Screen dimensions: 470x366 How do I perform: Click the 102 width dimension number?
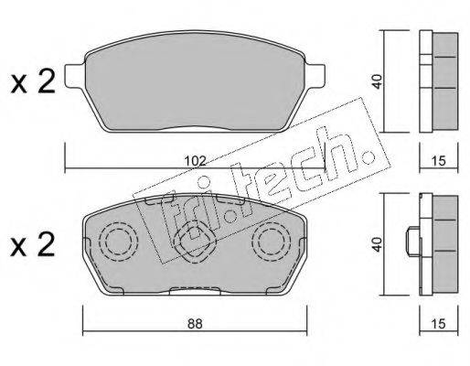tap(196, 161)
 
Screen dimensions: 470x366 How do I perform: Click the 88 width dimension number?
tap(195, 324)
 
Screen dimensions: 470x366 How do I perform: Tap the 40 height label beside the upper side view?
tap(378, 81)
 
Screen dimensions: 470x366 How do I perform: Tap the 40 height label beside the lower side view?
tap(378, 244)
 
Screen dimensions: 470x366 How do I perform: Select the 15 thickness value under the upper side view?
tap(439, 161)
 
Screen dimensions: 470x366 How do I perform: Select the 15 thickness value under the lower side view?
tap(439, 324)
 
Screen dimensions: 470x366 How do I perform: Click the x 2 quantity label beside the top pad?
tap(33, 81)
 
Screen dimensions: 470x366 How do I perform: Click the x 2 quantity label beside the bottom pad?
tap(33, 244)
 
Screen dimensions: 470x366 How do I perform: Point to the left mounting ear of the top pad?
tap(75, 76)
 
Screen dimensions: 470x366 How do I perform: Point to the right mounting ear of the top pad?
tap(315, 76)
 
